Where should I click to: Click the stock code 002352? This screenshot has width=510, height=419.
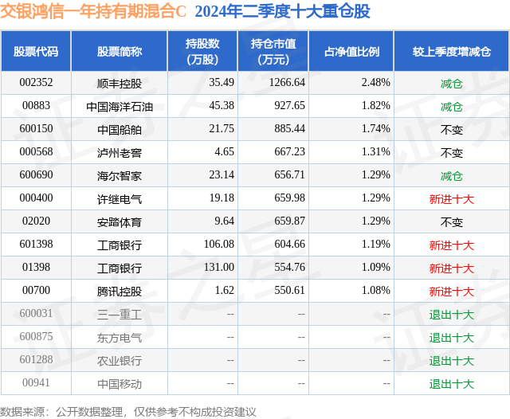point(36,82)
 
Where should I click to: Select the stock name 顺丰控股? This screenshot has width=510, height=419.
point(119,82)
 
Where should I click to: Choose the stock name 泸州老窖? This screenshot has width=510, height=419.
point(119,152)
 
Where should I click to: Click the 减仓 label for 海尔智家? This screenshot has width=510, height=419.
point(451,175)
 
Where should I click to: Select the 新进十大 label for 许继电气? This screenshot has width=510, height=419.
point(451,198)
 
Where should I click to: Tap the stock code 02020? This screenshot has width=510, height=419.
point(36,221)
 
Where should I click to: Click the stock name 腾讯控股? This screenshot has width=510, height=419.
point(119,291)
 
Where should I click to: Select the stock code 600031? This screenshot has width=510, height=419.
point(36,314)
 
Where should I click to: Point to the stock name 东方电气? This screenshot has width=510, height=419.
point(119,337)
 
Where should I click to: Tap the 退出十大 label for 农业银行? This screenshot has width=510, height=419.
point(451,360)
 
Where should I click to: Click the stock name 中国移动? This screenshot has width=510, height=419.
point(119,383)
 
